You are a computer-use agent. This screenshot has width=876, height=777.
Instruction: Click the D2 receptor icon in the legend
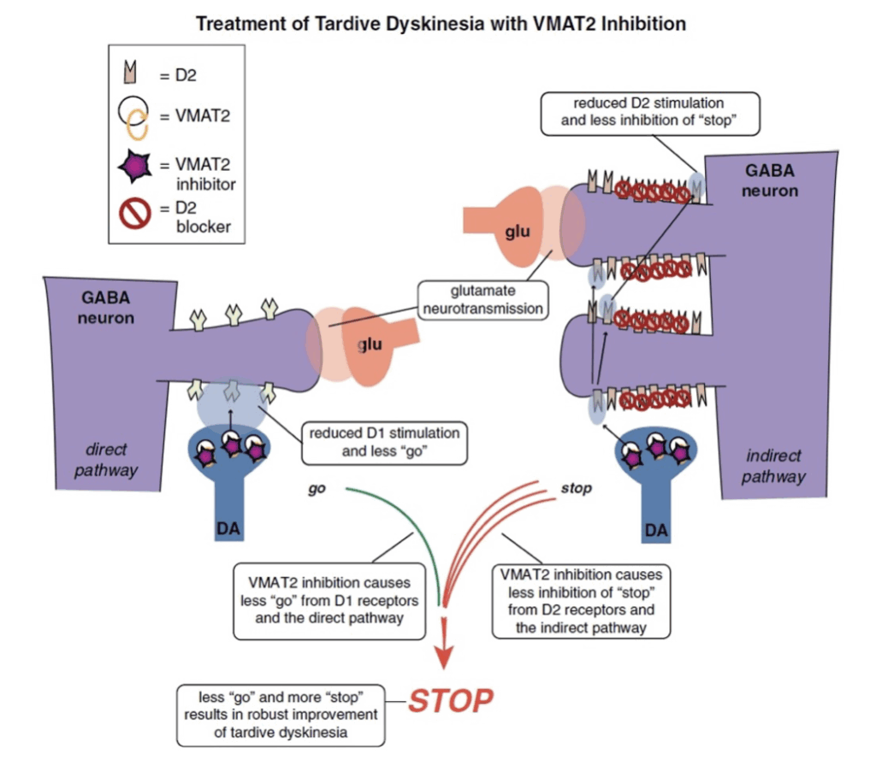coord(130,72)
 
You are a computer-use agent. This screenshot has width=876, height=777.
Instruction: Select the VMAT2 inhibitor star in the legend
coord(134,167)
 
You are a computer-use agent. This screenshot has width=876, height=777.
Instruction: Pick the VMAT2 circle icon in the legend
coord(134,116)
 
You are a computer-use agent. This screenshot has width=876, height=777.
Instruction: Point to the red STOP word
coord(450,701)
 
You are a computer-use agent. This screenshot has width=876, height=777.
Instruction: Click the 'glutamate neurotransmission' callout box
coord(482,300)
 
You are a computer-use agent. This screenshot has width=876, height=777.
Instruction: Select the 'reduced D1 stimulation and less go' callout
coord(384,443)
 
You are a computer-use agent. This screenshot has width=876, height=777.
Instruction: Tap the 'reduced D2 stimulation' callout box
coord(650,114)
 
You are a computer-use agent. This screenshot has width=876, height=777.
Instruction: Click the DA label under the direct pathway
coord(228,528)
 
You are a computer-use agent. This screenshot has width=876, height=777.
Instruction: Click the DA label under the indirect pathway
coord(656,529)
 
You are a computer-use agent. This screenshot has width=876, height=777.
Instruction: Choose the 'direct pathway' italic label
coord(105,460)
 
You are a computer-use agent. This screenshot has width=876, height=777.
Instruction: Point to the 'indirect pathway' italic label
coord(773,466)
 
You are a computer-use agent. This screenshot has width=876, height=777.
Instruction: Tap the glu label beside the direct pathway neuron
coord(370,344)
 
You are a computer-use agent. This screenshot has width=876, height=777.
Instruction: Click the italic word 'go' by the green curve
coord(317,490)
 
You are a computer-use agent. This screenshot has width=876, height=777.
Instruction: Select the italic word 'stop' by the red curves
coord(576,488)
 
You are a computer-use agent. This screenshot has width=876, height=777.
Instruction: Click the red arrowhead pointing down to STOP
coord(444,656)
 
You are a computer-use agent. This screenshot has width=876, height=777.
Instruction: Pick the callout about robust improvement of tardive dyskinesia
coord(281,715)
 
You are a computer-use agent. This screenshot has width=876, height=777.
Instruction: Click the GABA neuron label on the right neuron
coord(769,180)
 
